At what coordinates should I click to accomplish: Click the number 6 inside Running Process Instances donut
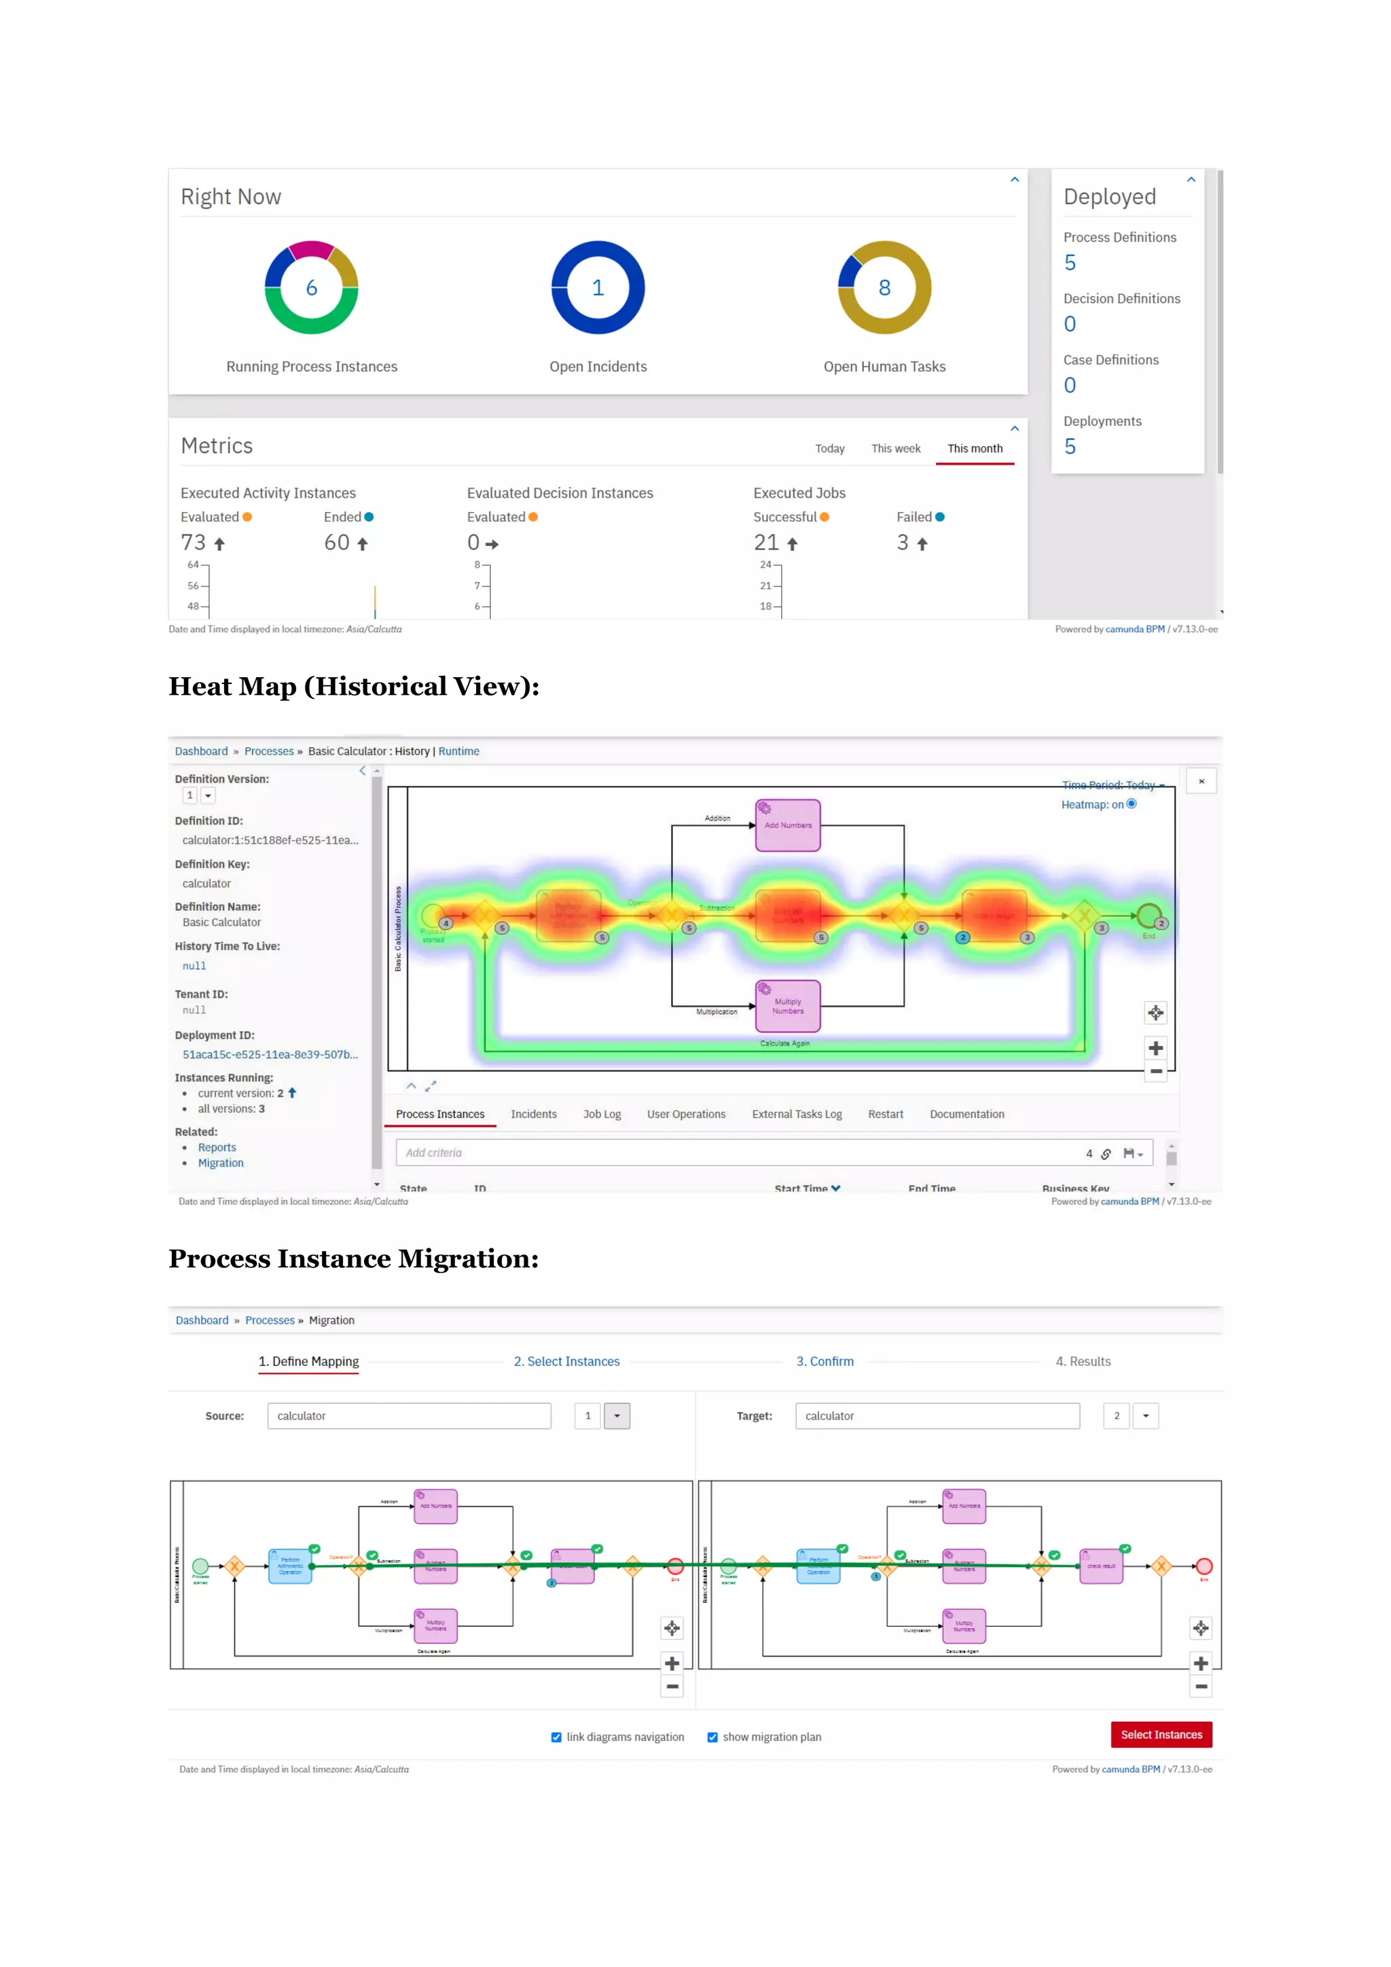click(x=312, y=288)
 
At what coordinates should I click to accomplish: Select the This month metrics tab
click(x=975, y=448)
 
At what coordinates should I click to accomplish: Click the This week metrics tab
click(x=895, y=448)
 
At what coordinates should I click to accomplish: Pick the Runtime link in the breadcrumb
click(x=458, y=751)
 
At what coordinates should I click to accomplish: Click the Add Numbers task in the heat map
click(x=787, y=825)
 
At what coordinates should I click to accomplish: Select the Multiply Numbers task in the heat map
click(x=787, y=1006)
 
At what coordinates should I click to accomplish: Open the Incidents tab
click(x=534, y=1114)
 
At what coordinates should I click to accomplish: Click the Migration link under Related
click(x=220, y=1163)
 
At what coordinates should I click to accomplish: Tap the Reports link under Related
click(x=217, y=1147)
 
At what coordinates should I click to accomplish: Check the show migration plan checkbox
click(x=712, y=1737)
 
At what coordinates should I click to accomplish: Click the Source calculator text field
click(x=409, y=1415)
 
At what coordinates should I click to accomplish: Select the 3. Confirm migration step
click(x=825, y=1361)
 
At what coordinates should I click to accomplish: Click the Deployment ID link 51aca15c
click(x=270, y=1055)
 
